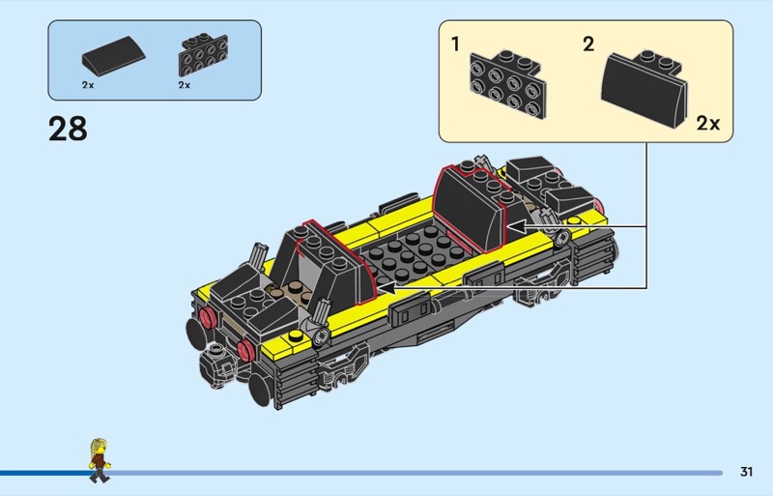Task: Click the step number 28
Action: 68,129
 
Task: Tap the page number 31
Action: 746,472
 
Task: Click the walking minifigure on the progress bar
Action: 100,460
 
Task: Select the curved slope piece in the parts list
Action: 113,55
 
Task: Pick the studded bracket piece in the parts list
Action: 203,54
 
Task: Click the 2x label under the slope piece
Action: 88,85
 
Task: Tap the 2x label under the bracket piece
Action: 184,85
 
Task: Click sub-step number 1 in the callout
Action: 455,44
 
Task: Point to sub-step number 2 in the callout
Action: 588,44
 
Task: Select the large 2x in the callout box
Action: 708,124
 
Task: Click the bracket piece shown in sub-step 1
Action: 508,84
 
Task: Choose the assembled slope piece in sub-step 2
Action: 644,89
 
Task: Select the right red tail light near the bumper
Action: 245,350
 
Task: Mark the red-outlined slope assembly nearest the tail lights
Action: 334,262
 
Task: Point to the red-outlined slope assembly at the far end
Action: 471,207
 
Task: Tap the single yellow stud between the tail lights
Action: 296,336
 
